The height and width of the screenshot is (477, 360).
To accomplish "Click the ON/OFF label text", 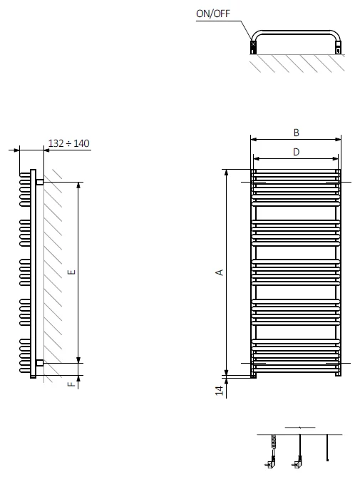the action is [213, 14].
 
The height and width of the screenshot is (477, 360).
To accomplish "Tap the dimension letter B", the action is [296, 133].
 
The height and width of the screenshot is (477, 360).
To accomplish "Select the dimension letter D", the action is [296, 152].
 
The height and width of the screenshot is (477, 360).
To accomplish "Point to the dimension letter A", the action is [220, 272].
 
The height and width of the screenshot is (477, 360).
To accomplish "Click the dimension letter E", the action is [72, 272].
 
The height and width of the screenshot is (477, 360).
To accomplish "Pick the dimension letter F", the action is [71, 384].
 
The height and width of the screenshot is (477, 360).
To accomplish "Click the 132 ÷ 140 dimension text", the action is [68, 143].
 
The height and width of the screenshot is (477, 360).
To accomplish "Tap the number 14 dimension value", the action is [220, 390].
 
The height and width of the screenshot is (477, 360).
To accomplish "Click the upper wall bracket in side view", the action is [39, 183].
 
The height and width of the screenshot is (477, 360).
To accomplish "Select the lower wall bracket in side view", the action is [39, 363].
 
